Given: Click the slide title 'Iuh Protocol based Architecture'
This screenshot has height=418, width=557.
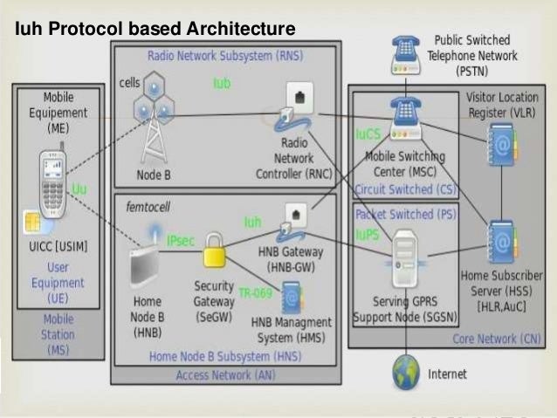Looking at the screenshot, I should tap(155, 30).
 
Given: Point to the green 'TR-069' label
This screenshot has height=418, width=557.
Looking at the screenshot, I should tap(256, 293).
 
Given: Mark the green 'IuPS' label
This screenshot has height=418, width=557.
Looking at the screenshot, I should tap(368, 234).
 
